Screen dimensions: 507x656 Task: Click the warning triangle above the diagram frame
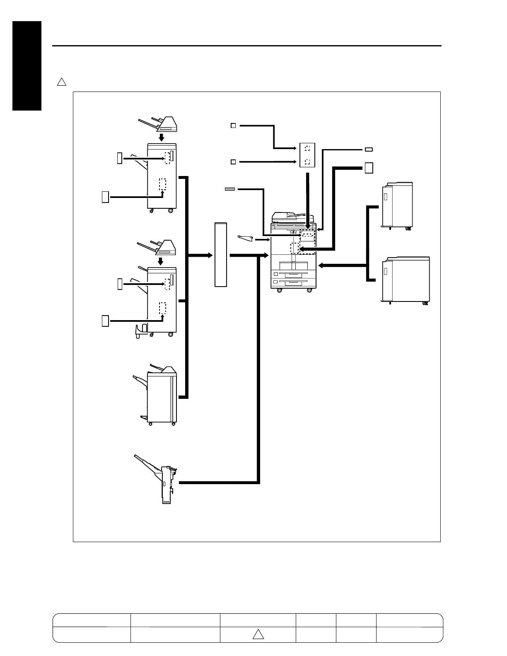(x=61, y=82)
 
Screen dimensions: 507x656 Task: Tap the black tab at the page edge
(x=27, y=66)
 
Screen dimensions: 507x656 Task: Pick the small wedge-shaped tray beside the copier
(x=245, y=239)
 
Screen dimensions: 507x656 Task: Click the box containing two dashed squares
(x=307, y=155)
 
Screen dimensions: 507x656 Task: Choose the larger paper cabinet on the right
(x=406, y=280)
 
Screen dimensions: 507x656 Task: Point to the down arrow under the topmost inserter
(x=162, y=137)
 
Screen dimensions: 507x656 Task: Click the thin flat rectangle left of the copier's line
(x=230, y=189)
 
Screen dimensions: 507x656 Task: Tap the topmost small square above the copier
(x=233, y=125)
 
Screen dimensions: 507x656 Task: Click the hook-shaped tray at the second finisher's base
(x=140, y=331)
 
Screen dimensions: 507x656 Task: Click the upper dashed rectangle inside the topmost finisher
(x=167, y=157)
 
